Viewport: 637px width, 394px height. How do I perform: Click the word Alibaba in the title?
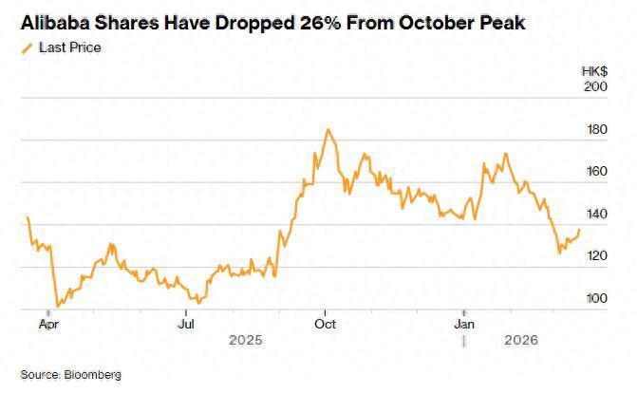click(56, 22)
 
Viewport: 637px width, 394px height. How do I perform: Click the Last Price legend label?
click(69, 47)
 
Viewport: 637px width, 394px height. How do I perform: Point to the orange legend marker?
click(26, 47)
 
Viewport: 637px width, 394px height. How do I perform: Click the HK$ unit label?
click(592, 71)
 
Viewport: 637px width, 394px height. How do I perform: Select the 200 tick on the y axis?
click(595, 86)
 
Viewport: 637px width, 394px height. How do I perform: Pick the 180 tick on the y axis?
click(595, 129)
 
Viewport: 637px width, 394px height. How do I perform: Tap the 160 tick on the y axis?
click(595, 172)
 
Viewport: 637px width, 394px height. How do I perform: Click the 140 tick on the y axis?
click(595, 215)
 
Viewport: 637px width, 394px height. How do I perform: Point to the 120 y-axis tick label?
click(595, 256)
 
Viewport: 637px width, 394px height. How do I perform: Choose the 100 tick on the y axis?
click(595, 299)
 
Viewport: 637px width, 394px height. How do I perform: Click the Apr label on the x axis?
click(47, 323)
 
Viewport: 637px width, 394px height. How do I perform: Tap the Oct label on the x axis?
click(326, 323)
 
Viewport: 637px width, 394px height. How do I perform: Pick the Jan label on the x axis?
click(464, 323)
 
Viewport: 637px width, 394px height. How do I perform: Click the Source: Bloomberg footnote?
click(71, 375)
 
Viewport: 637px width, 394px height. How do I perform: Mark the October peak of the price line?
click(328, 130)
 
